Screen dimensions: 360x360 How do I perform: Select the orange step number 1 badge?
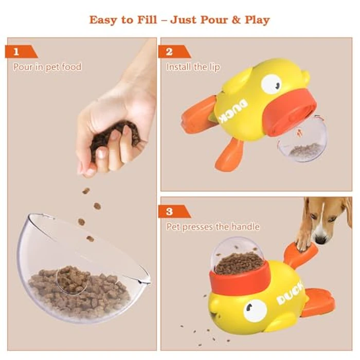(20, 51)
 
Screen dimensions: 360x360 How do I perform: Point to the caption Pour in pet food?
(47, 67)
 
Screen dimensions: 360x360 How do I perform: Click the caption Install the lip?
(193, 67)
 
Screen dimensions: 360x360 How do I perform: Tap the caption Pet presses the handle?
(213, 227)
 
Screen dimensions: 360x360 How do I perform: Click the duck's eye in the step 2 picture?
(271, 83)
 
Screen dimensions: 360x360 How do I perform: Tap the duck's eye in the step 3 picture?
(255, 310)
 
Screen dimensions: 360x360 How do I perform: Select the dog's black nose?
(321, 240)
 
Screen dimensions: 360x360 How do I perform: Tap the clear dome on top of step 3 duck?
(238, 255)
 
